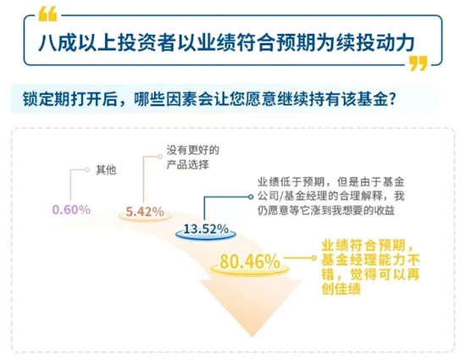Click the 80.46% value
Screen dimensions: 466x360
(250, 262)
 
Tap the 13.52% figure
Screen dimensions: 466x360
(206, 229)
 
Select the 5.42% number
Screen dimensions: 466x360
(145, 212)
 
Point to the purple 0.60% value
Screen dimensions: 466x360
(71, 210)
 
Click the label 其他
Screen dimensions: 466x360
(106, 170)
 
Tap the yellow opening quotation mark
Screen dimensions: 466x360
(47, 14)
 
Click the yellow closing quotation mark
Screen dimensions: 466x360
(419, 63)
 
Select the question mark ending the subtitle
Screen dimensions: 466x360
(392, 99)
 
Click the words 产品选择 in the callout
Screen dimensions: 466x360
(187, 164)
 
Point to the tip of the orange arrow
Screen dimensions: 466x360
(252, 336)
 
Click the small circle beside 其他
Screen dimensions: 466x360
(86, 170)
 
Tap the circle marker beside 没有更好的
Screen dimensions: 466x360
(160, 156)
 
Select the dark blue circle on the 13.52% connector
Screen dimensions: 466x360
(251, 197)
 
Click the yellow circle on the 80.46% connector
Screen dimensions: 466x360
(313, 258)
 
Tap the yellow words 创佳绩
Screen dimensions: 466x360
(341, 288)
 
